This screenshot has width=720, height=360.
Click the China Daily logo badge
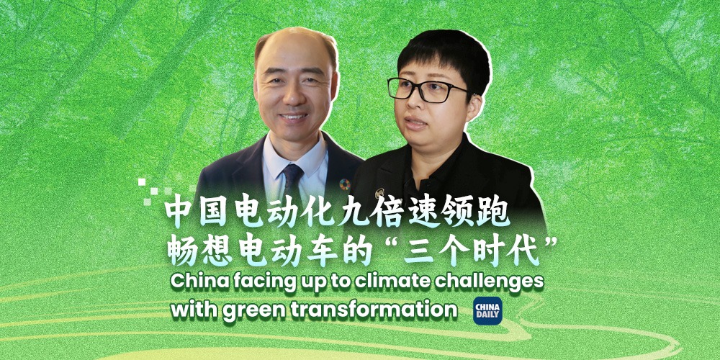click(487, 310)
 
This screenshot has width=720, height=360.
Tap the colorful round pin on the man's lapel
click(345, 184)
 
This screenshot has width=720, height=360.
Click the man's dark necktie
click(292, 184)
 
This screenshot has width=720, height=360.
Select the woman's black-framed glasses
click(426, 90)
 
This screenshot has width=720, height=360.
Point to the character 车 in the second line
click(320, 252)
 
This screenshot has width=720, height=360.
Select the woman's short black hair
click(442, 59)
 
